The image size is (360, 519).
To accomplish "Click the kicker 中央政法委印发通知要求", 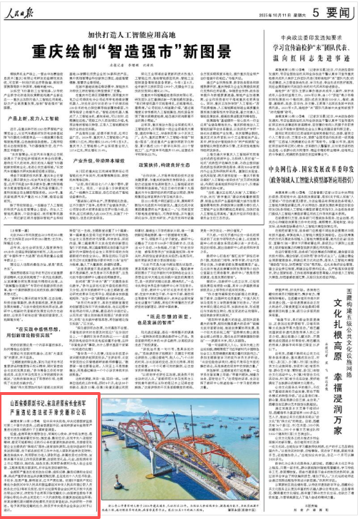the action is click(x=297, y=35).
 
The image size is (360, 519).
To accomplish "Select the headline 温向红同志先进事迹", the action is click(x=297, y=56).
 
